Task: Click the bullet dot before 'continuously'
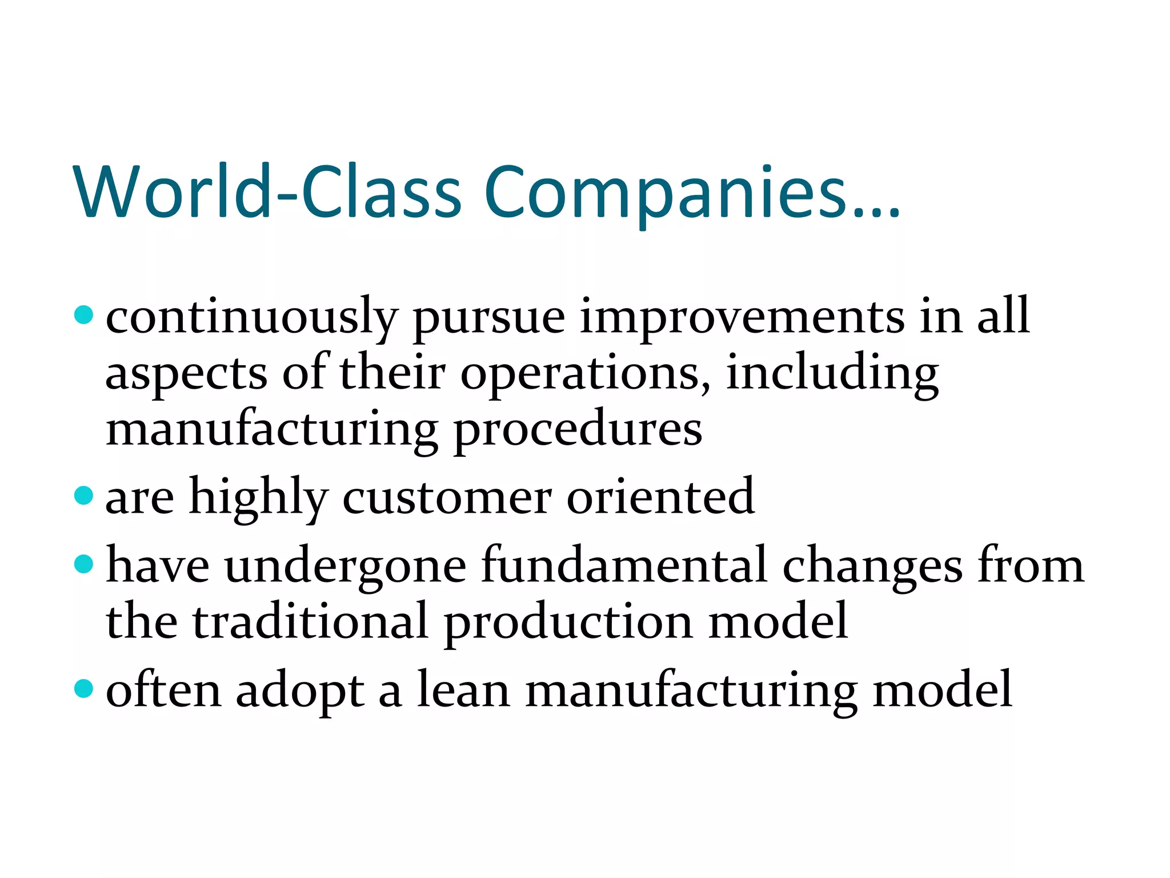pyautogui.click(x=84, y=315)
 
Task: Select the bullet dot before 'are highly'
pyautogui.click(x=84, y=495)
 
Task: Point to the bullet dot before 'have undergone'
pyautogui.click(x=84, y=564)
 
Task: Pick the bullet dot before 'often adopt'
pyautogui.click(x=84, y=688)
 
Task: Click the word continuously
pyautogui.click(x=252, y=318)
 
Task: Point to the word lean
pyautogui.click(x=463, y=690)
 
